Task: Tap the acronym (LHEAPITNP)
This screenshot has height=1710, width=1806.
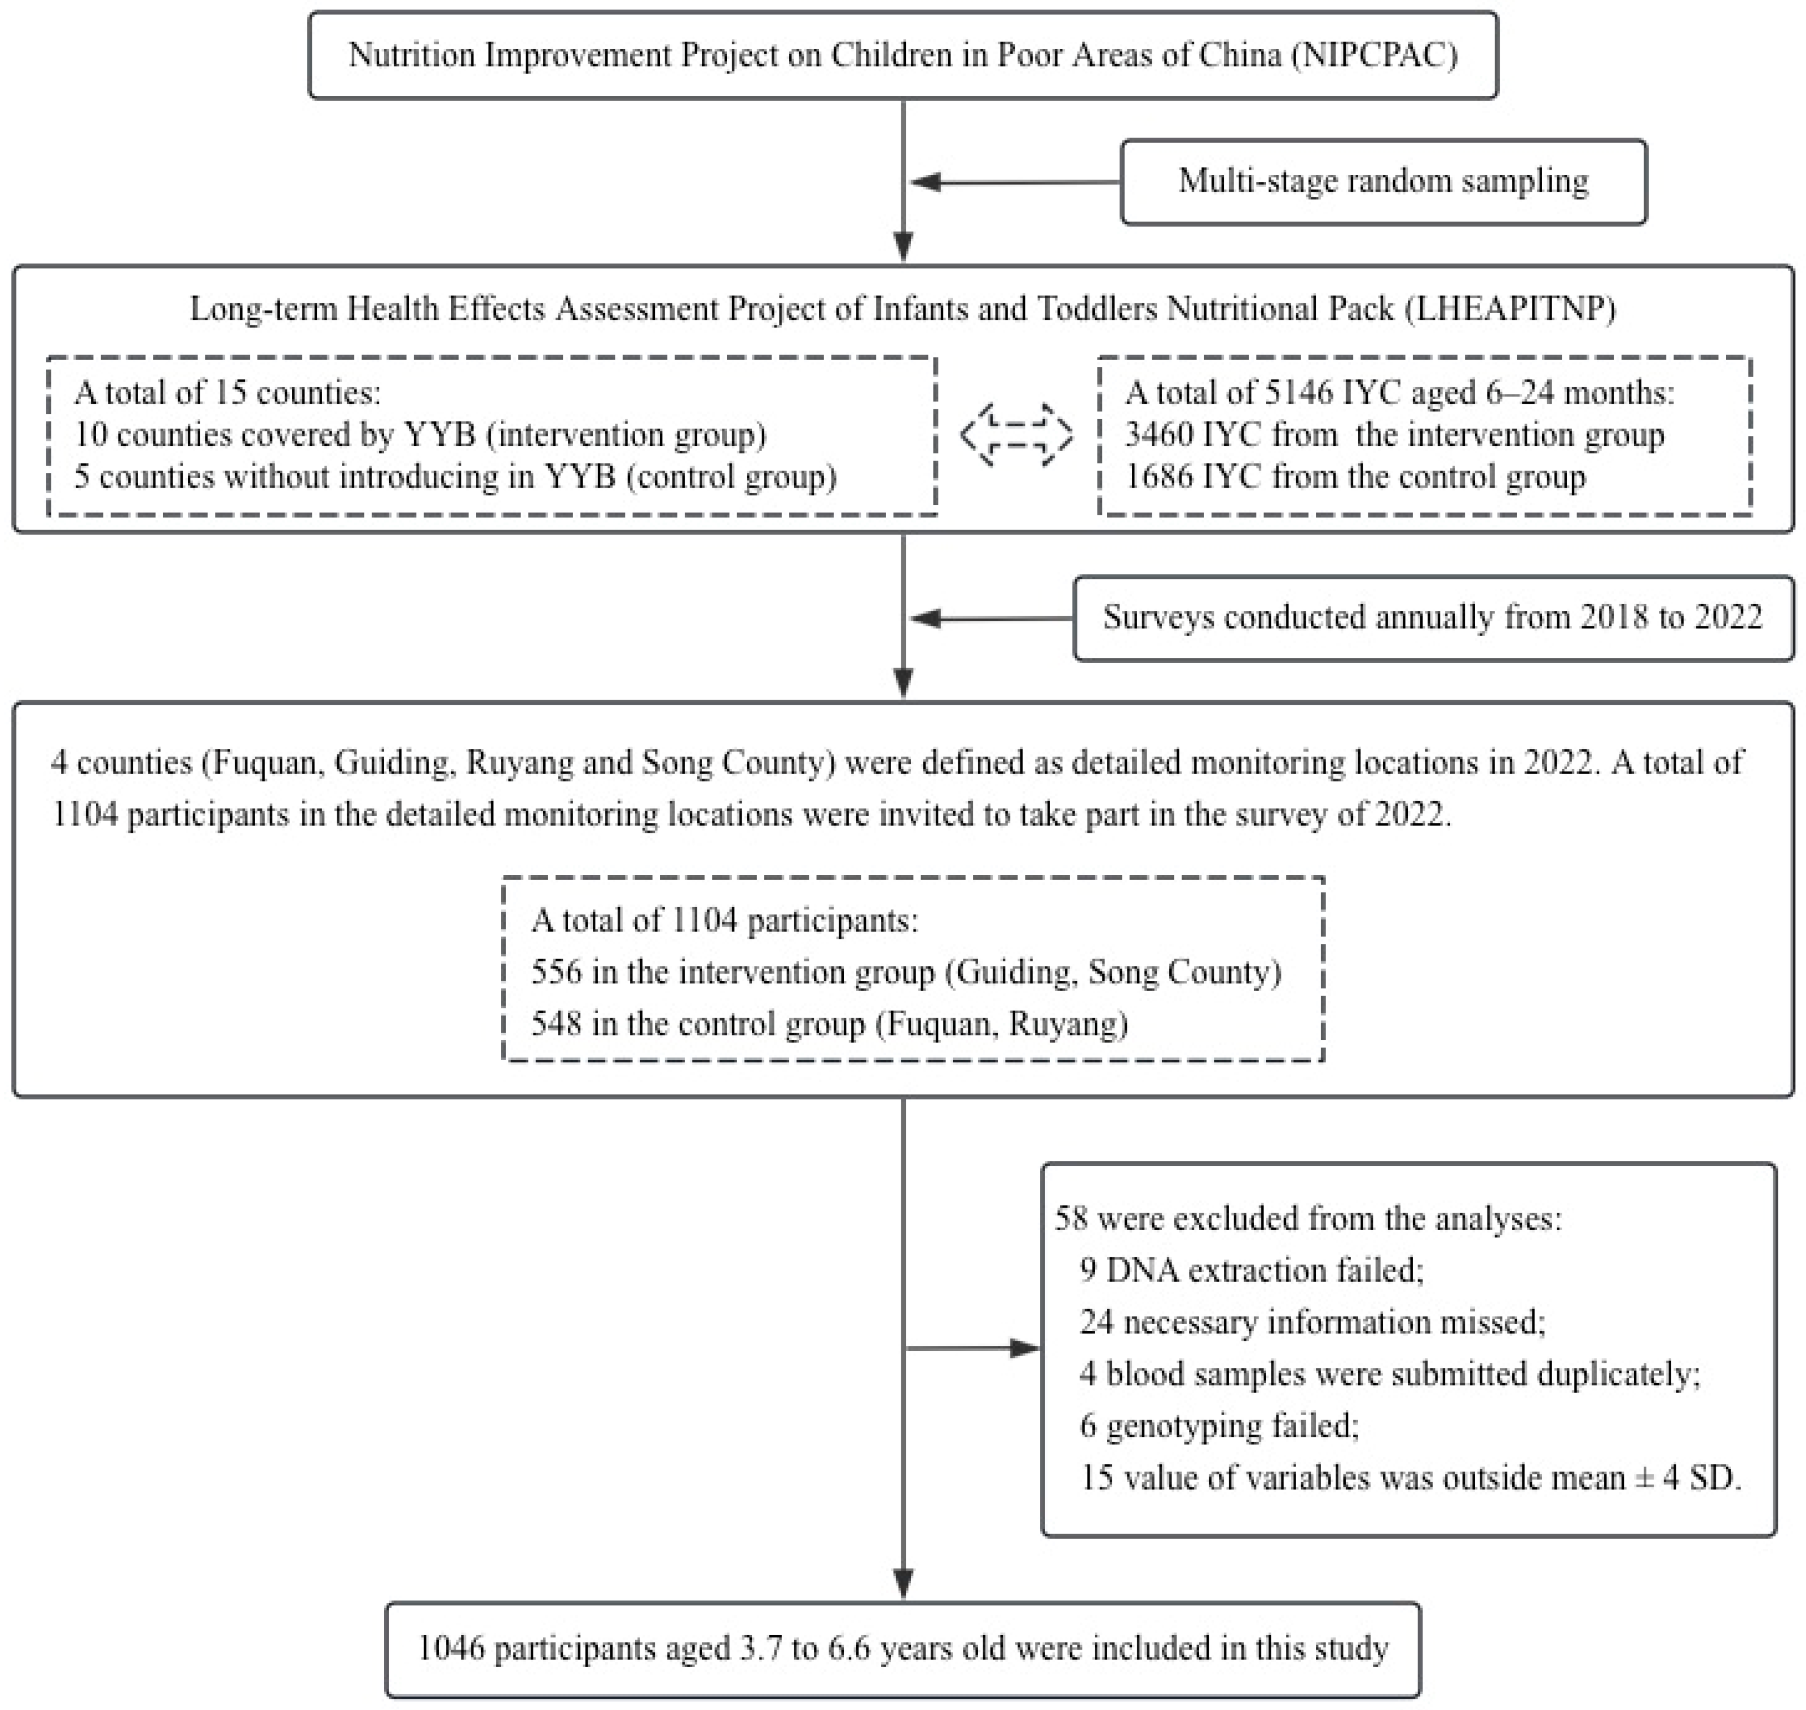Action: [1510, 309]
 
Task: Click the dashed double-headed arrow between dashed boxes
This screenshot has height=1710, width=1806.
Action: [1016, 435]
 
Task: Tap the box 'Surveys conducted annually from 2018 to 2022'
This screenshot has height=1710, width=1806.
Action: [1432, 618]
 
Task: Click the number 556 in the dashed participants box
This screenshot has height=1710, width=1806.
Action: [556, 973]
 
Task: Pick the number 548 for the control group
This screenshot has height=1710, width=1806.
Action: [556, 1024]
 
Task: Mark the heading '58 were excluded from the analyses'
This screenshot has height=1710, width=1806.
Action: [1307, 1219]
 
